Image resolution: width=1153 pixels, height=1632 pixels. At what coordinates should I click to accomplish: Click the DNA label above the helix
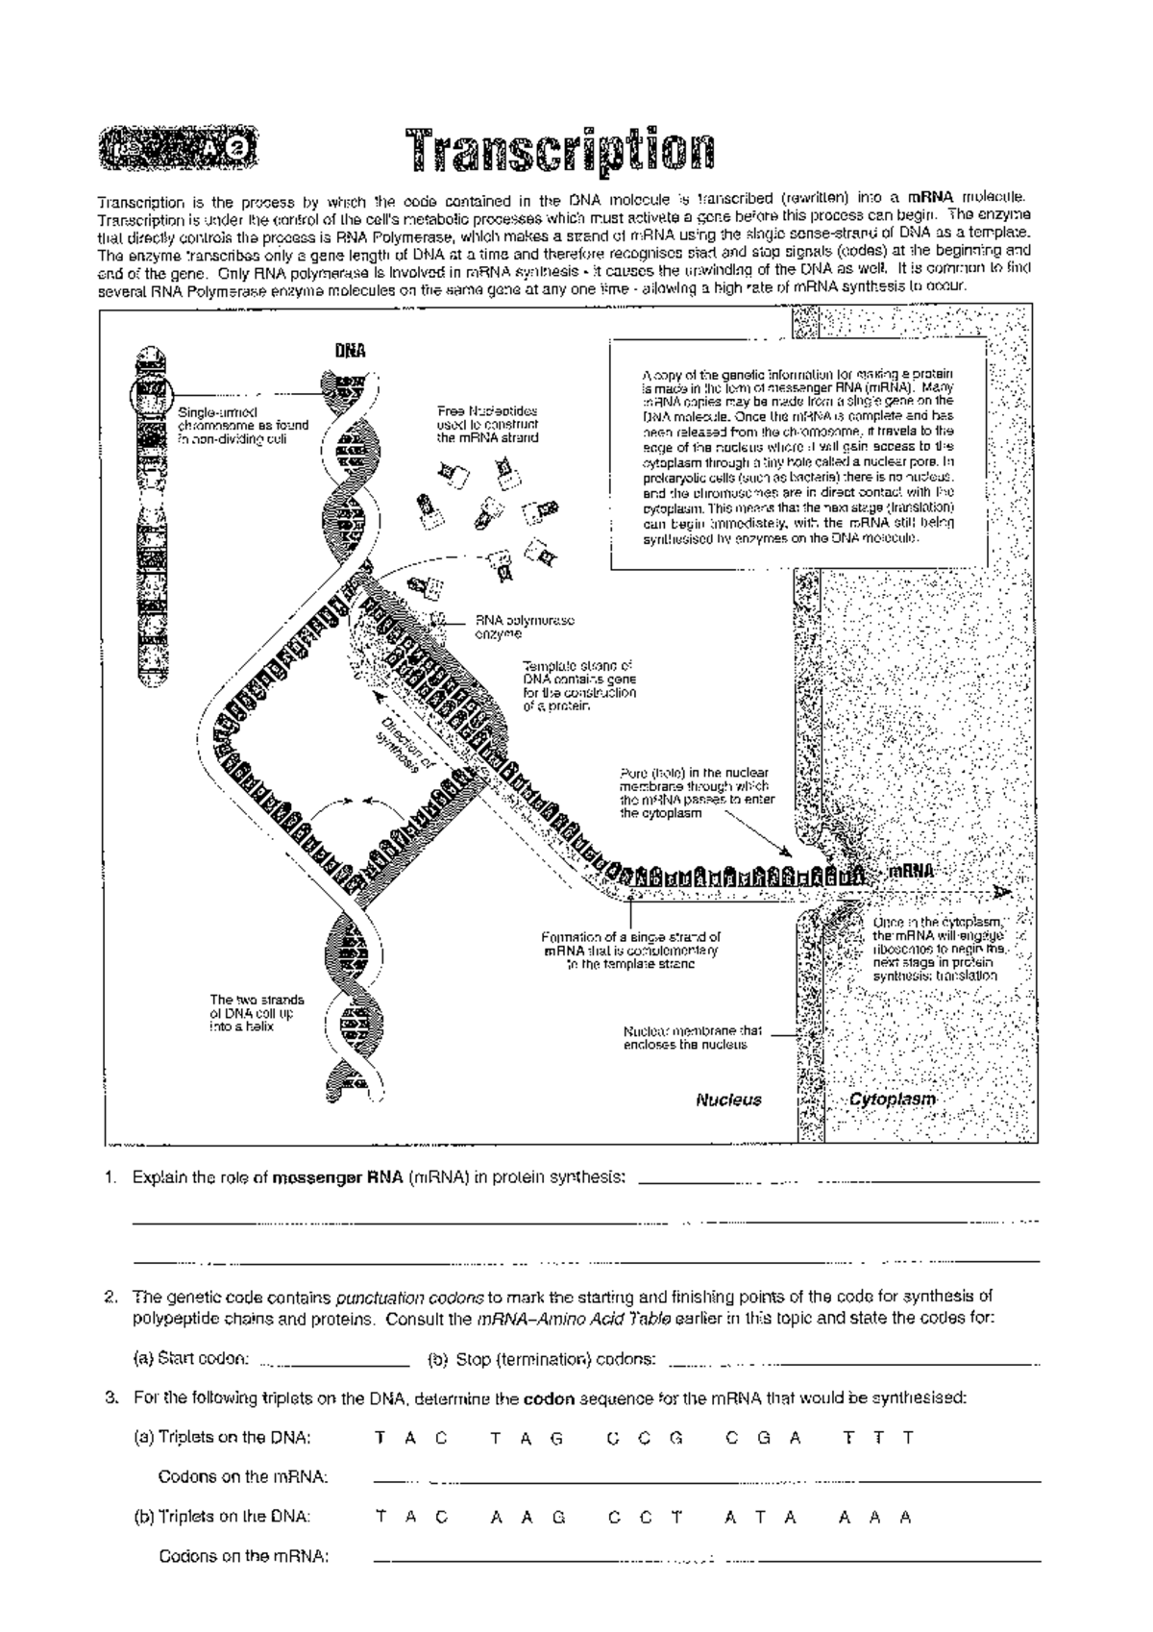tap(350, 352)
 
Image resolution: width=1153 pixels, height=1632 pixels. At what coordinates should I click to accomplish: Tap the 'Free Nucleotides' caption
tap(487, 424)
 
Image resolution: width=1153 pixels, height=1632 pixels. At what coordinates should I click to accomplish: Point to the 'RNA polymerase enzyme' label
tap(524, 627)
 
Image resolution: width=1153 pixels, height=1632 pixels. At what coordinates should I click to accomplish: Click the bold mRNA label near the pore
tap(909, 872)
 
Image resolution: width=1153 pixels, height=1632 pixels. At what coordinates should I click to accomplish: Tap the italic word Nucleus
tap(728, 1100)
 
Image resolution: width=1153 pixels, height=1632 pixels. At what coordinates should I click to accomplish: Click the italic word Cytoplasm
tap(892, 1100)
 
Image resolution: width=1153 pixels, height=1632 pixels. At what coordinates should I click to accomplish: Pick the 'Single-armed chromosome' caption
tap(242, 426)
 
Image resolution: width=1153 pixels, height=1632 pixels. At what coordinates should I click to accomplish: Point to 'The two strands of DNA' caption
tap(257, 1013)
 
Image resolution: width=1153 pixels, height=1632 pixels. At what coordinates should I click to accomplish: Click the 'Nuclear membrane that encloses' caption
tap(692, 1037)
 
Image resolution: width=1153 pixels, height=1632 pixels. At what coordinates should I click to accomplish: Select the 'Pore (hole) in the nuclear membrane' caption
tap(697, 792)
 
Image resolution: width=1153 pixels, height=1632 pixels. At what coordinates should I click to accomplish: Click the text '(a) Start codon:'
tap(190, 1359)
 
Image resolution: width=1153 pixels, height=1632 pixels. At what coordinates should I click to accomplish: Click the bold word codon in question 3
tap(548, 1398)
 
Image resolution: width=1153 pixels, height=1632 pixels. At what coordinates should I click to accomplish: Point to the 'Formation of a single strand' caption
tap(630, 950)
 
